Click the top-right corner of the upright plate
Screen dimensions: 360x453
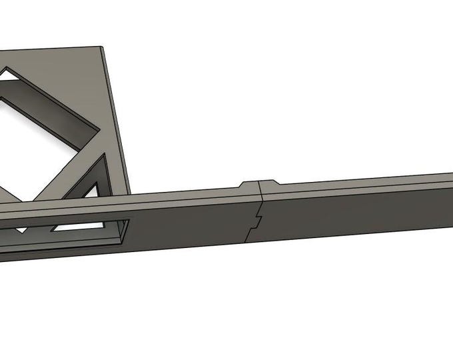pos(101,47)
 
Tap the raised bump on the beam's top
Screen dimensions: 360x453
pos(258,183)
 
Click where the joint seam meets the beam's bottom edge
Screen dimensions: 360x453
pos(247,241)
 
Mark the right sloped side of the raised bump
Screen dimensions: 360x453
pos(276,183)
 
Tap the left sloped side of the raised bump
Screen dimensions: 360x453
pos(242,185)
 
